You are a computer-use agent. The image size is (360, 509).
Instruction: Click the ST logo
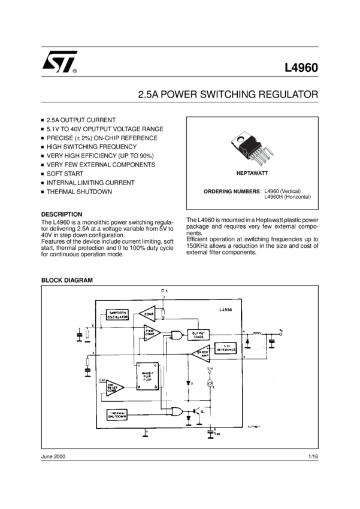[59, 61]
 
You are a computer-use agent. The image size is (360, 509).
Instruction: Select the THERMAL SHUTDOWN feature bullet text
[79, 192]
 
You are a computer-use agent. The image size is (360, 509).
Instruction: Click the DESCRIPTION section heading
[62, 214]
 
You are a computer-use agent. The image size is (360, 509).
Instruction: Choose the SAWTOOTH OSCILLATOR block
[117, 316]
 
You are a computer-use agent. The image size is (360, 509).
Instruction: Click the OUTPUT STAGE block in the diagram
[198, 335]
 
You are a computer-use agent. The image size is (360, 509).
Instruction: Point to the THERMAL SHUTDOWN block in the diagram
[117, 414]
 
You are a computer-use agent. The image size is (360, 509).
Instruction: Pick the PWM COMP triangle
[151, 333]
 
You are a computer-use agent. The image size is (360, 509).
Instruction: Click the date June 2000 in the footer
[53, 456]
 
